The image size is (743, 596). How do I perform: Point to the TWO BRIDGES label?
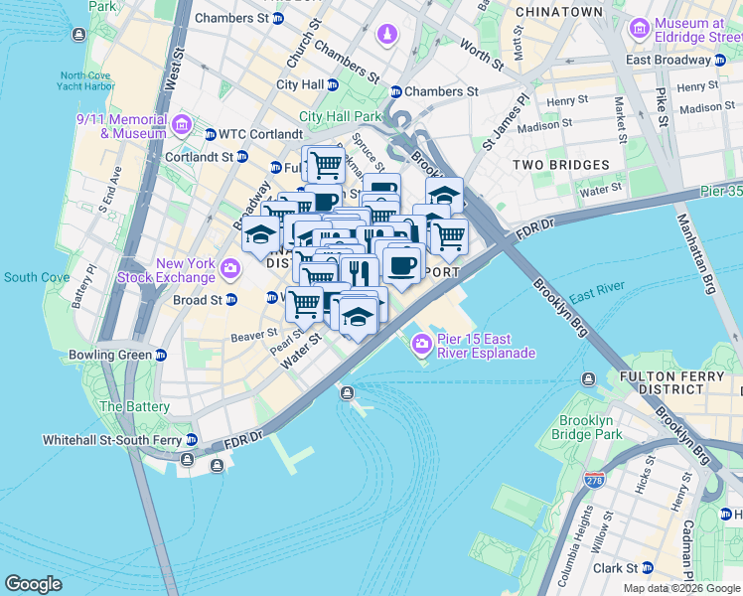[561, 165]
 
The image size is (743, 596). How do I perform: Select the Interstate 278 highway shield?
[595, 483]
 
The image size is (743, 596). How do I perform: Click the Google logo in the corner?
[33, 583]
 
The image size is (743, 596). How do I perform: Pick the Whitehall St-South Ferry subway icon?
[191, 439]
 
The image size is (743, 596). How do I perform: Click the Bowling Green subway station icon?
[161, 355]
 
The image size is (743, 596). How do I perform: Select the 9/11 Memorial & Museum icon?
[182, 125]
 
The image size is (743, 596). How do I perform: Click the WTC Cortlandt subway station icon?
[210, 134]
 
